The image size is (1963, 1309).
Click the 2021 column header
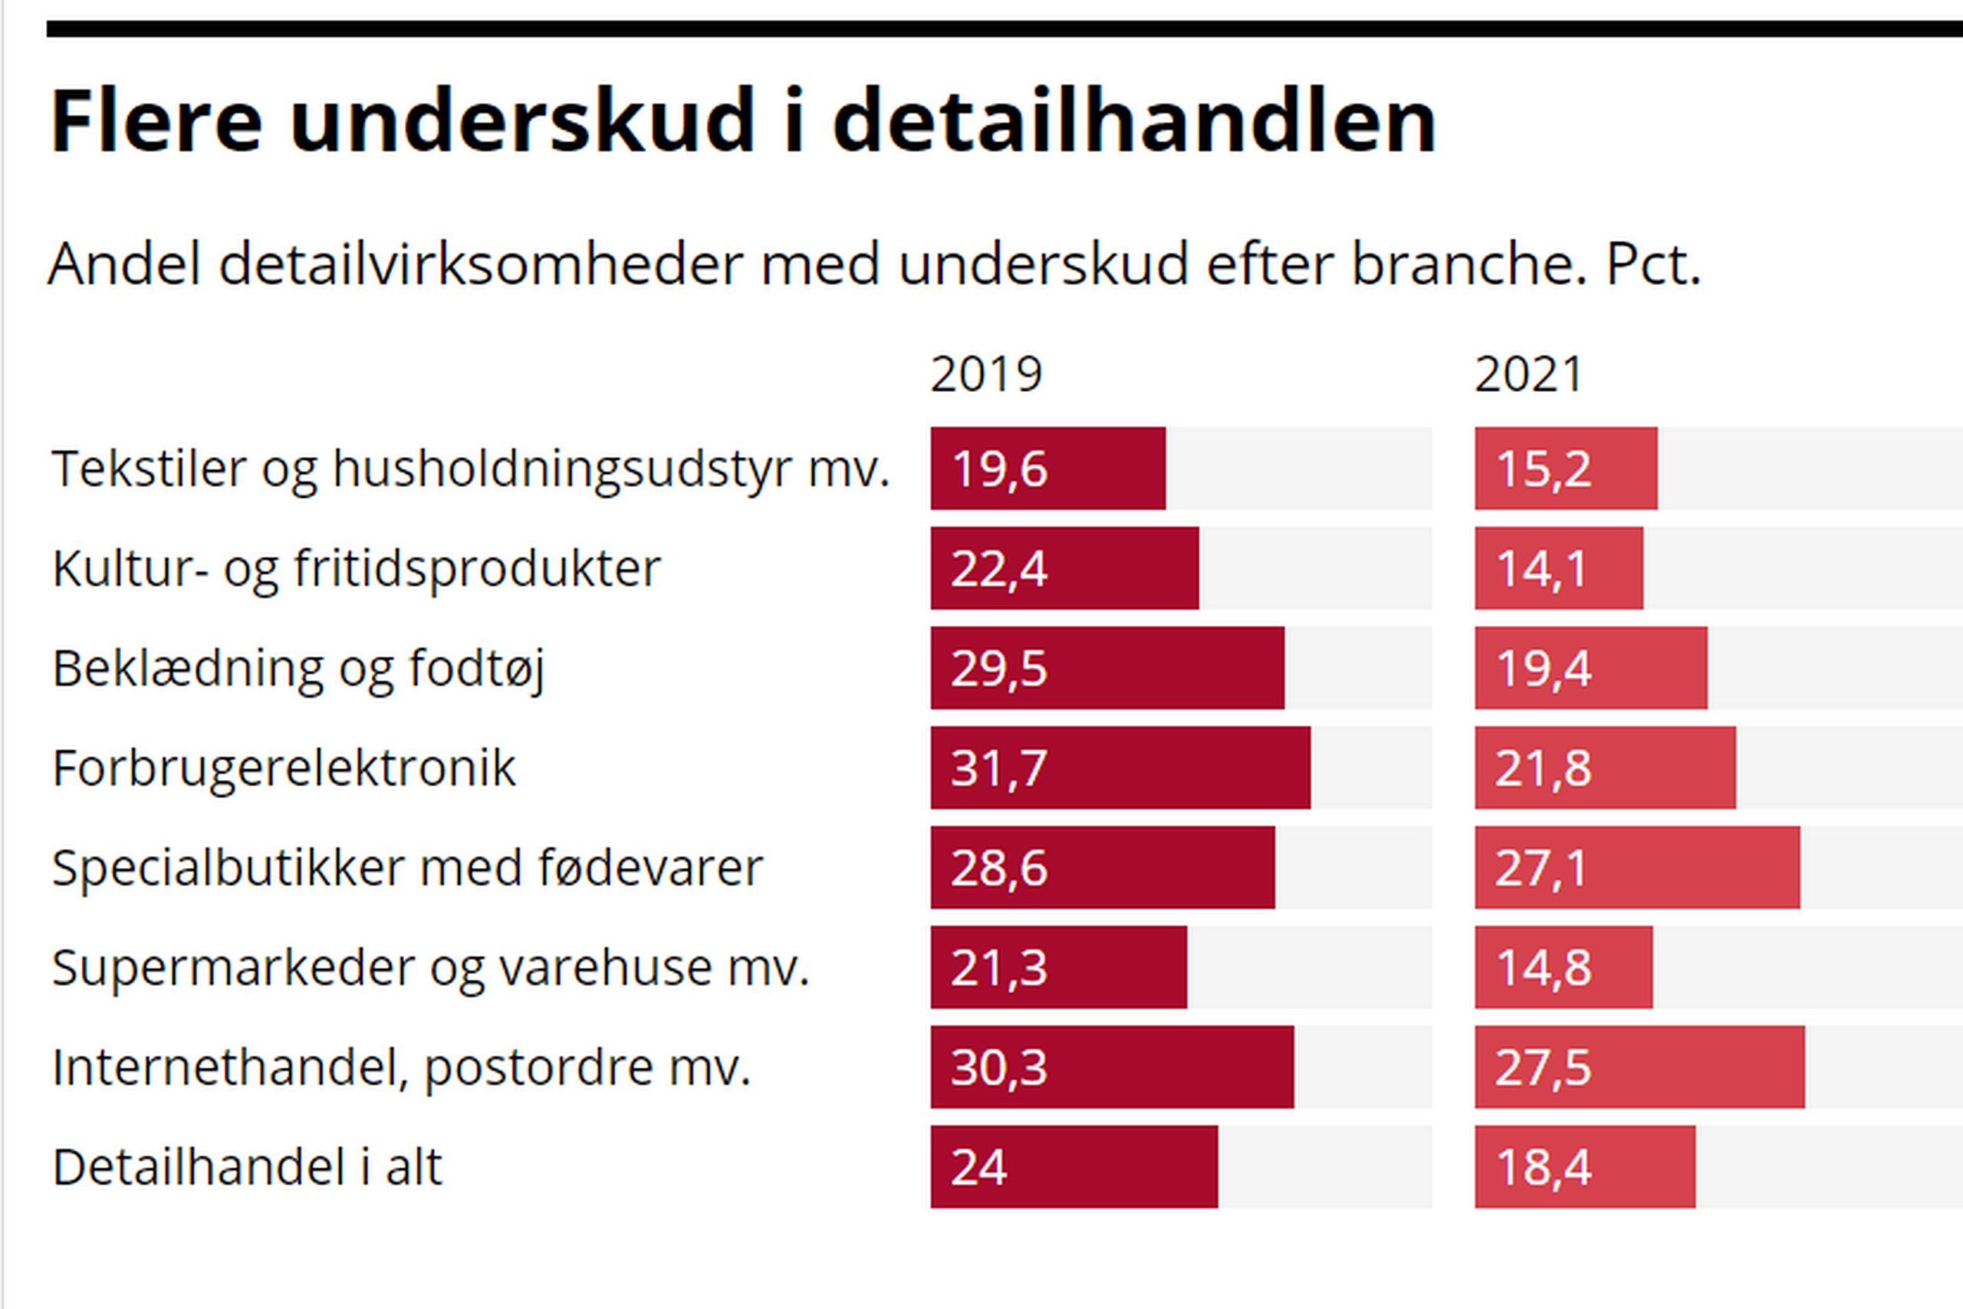[1528, 374]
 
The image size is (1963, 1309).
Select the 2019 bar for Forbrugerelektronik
[1120, 767]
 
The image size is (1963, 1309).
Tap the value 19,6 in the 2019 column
[999, 469]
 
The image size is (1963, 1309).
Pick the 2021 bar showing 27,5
[1639, 1067]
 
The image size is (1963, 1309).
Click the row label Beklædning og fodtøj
[298, 669]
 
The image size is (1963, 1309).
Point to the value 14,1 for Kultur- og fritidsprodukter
[1542, 568]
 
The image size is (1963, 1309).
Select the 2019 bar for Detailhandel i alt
[1074, 1166]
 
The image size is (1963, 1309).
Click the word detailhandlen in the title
[1134, 122]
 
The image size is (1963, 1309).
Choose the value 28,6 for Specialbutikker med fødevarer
[999, 867]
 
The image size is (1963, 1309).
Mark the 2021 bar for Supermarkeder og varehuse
[1563, 967]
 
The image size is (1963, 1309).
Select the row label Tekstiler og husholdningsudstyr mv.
[470, 469]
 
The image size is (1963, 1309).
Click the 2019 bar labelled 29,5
[1107, 668]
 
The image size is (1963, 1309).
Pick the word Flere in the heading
[156, 122]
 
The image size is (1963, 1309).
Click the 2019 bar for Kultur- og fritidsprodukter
[1064, 567]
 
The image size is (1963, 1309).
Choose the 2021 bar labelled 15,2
[1566, 469]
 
